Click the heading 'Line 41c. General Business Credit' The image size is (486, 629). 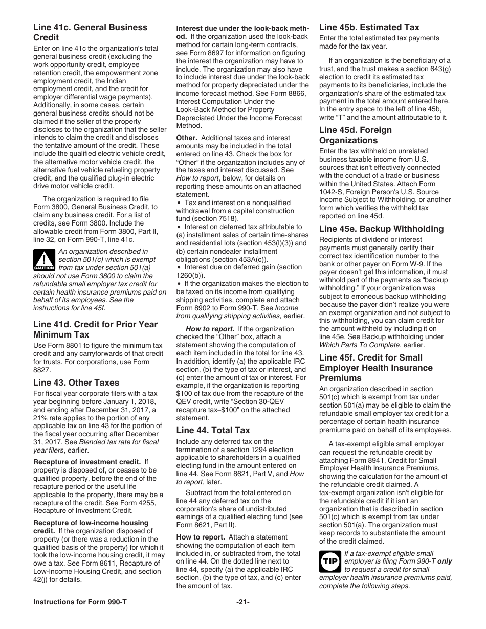90,32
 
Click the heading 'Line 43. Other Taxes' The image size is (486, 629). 76,383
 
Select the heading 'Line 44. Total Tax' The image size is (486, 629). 213,430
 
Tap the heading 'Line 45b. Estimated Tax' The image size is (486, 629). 369,27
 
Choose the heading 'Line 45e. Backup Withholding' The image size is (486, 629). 381,229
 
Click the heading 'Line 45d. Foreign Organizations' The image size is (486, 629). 356,135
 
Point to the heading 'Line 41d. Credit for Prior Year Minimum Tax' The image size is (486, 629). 95,329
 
